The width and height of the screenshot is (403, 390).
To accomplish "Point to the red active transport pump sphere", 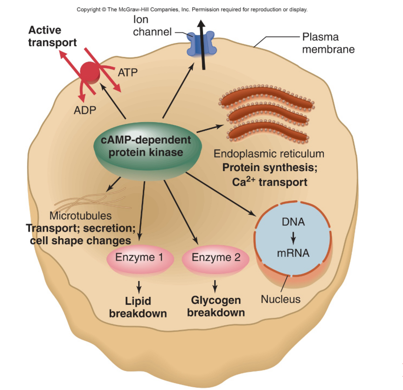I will (x=90, y=71).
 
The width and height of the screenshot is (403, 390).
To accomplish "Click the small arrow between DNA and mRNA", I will (x=293, y=238).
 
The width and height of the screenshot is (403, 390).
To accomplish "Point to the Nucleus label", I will (x=280, y=299).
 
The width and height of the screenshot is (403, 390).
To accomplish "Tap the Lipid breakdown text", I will (x=138, y=307).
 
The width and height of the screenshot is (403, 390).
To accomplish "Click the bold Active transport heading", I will (x=52, y=37).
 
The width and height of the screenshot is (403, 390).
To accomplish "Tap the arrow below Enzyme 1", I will (x=139, y=285).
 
